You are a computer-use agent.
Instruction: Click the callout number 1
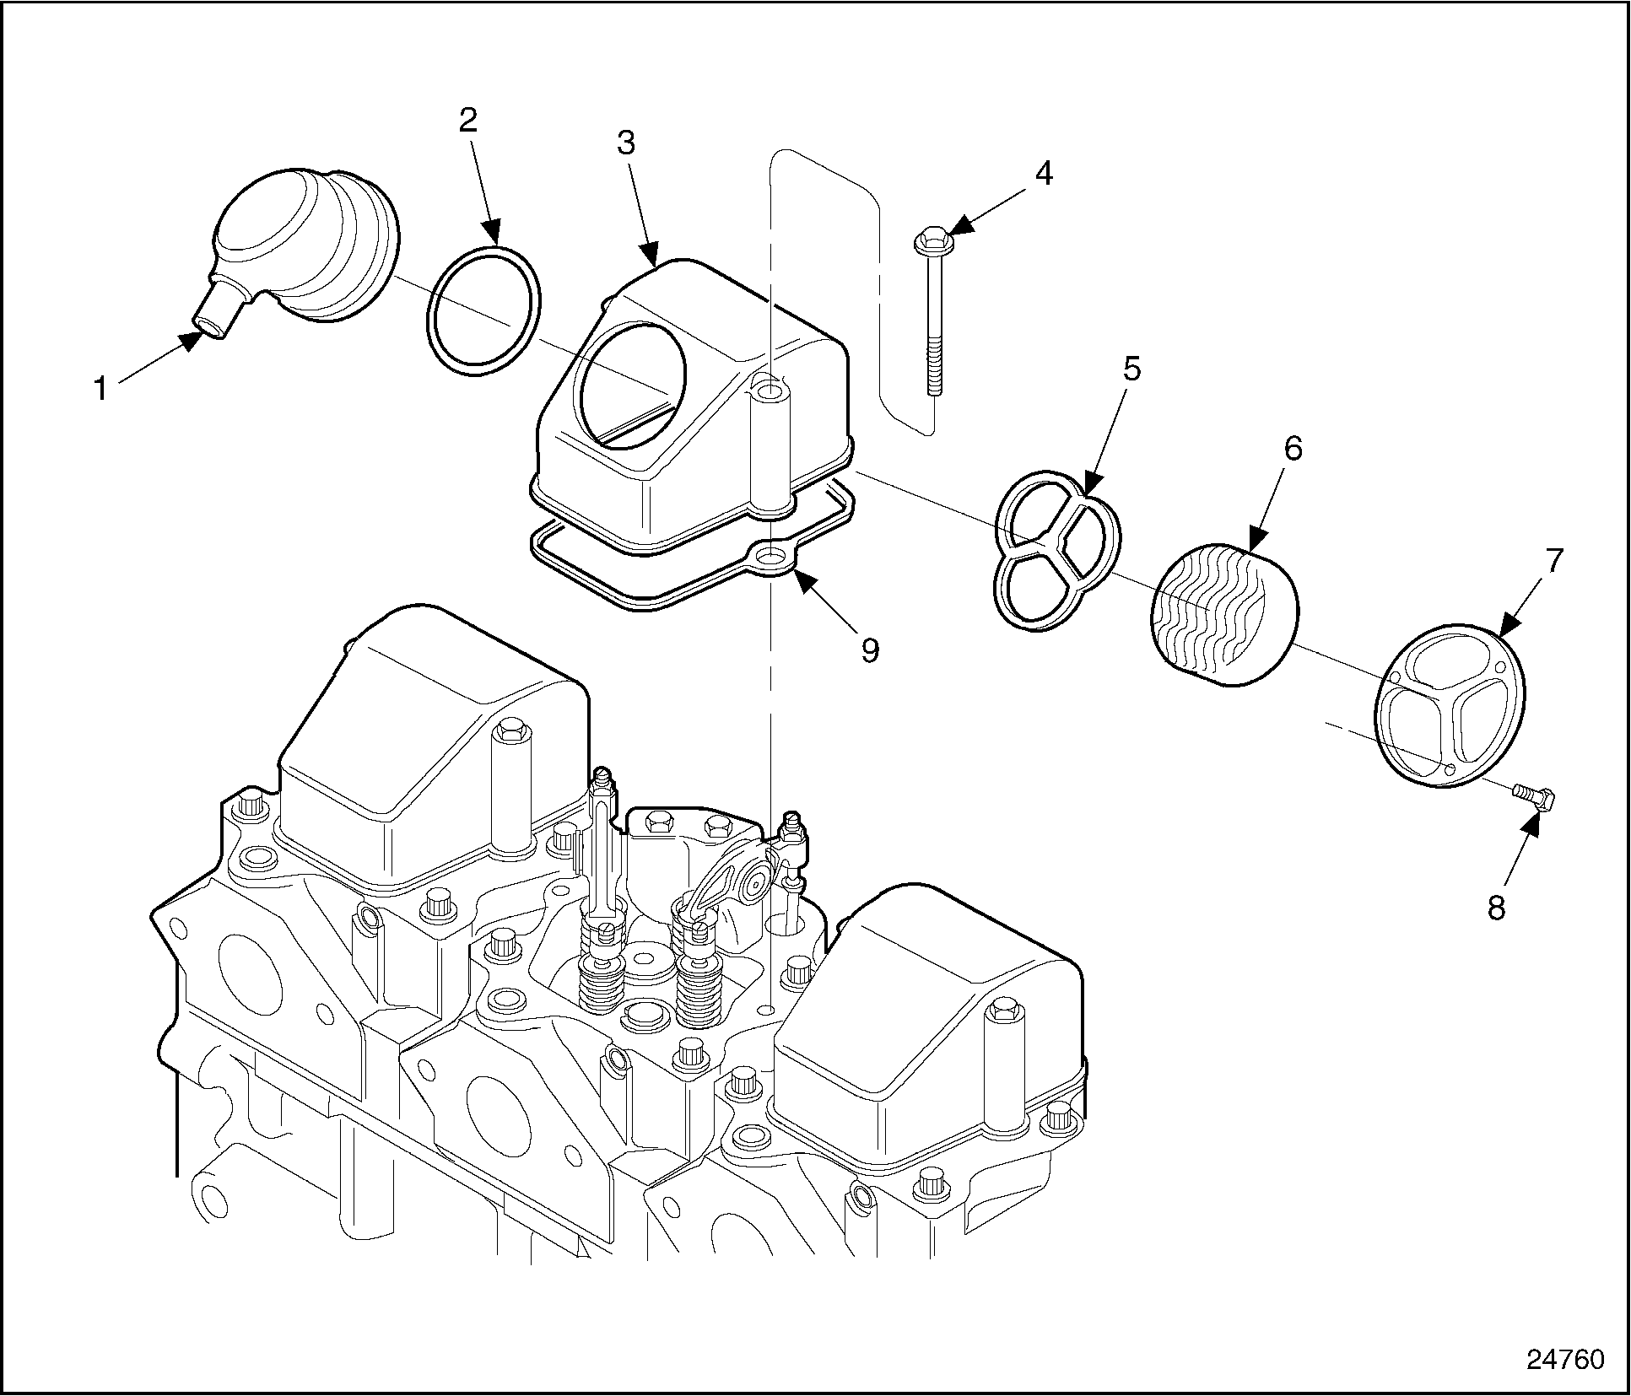point(101,389)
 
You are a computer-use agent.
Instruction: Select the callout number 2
point(467,120)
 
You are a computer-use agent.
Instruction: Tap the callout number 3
point(625,143)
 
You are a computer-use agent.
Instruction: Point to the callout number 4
point(1044,173)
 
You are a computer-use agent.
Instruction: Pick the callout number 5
point(1131,369)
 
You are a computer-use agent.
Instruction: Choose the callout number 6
point(1293,448)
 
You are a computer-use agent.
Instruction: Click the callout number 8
point(1496,908)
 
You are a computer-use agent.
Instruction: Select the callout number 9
point(870,649)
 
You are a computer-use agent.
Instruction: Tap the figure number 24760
point(1565,1359)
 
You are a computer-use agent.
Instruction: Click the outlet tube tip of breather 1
point(212,326)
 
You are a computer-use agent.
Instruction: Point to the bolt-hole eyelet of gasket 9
point(772,558)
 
